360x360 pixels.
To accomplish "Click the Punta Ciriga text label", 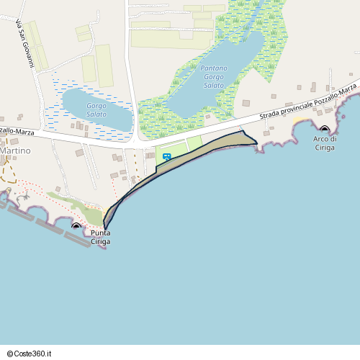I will tap(100, 238).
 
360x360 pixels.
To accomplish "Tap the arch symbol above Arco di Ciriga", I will tap(324, 130).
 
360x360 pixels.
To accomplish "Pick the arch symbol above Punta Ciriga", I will tap(77, 226).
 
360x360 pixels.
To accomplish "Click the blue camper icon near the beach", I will tap(167, 156).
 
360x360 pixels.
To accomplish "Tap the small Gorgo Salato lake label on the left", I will tap(96, 110).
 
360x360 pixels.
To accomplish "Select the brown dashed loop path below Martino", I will tap(9, 171).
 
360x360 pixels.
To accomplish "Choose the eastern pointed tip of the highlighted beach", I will tap(256, 144).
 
